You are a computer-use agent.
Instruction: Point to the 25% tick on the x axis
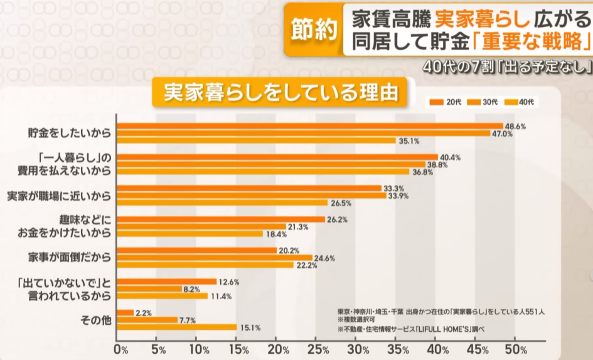point(317,349)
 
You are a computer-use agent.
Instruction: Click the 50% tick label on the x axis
point(516,349)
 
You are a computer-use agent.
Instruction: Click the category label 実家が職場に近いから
point(60,195)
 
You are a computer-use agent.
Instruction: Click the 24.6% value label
point(324,258)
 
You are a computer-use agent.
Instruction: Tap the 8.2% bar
point(149,289)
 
